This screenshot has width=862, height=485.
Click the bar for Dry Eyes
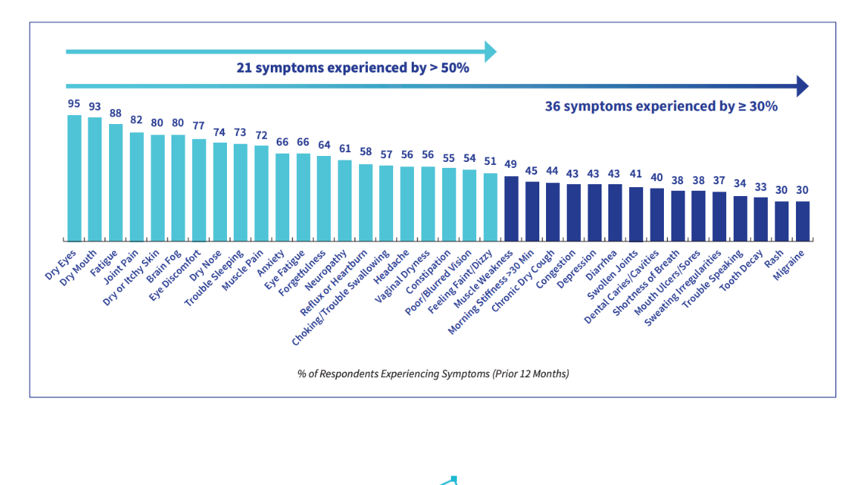click(x=74, y=178)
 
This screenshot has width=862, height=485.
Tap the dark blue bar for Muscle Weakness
click(x=511, y=209)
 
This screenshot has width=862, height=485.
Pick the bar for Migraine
click(x=802, y=221)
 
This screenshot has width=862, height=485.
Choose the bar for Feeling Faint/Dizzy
click(x=490, y=207)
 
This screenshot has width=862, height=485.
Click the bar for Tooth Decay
click(x=760, y=219)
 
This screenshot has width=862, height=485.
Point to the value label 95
click(x=74, y=104)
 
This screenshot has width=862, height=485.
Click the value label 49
click(x=511, y=165)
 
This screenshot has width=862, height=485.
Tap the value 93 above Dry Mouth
click(x=95, y=107)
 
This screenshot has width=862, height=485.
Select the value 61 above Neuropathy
click(x=344, y=149)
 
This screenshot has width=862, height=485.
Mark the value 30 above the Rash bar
click(x=781, y=190)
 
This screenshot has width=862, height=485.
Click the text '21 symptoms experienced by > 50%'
click(x=352, y=68)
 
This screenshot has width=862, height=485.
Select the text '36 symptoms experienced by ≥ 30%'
click(x=661, y=106)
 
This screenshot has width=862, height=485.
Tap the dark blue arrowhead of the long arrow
click(x=801, y=86)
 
